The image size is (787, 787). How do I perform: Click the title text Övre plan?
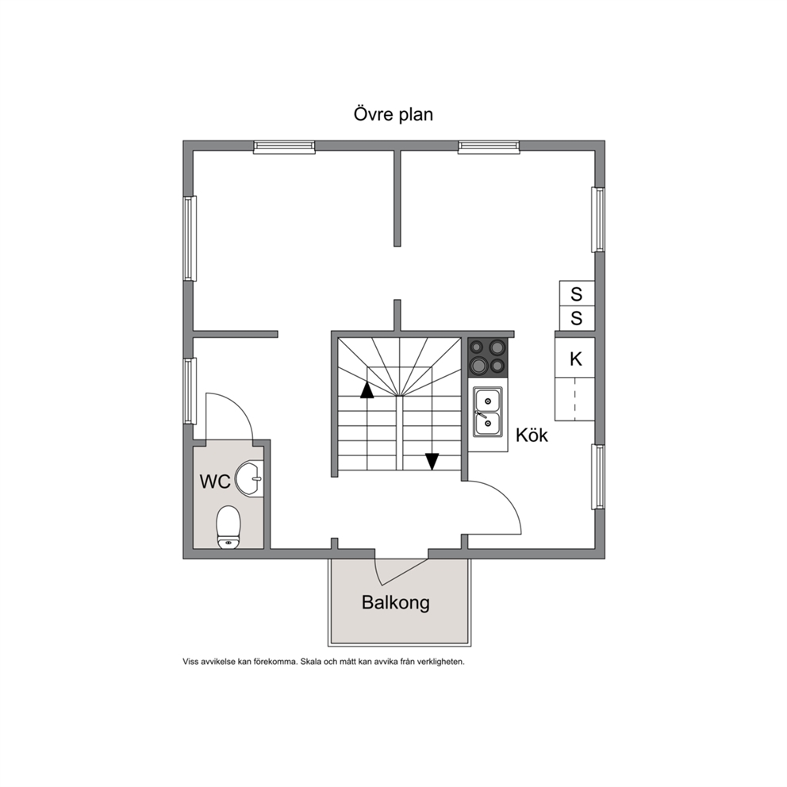click(x=393, y=114)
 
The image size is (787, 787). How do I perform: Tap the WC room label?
click(x=215, y=482)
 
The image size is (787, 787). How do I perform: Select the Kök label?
click(x=532, y=435)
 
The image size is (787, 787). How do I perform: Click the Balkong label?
click(x=396, y=602)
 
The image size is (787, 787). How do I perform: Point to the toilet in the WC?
click(x=228, y=527)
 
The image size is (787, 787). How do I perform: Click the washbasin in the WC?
click(x=249, y=479)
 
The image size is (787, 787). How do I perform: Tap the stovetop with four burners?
click(x=487, y=357)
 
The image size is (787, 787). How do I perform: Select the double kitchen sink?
click(x=487, y=412)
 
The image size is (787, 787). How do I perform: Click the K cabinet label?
click(x=576, y=359)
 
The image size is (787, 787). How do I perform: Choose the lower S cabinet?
click(x=577, y=318)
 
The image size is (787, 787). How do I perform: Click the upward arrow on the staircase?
click(x=367, y=390)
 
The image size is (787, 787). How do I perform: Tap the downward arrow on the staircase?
click(x=432, y=462)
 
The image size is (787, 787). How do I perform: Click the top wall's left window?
click(x=284, y=147)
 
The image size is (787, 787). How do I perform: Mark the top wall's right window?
click(x=489, y=147)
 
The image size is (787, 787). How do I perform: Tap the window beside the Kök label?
click(x=597, y=476)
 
